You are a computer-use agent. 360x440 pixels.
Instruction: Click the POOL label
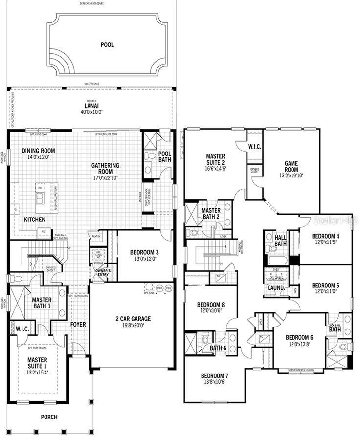[x=107, y=44]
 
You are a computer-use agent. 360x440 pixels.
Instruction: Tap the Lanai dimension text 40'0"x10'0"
[x=91, y=112]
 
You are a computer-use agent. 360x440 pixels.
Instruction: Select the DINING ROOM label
[x=38, y=151]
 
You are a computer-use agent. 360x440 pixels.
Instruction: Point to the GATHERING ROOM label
[x=105, y=169]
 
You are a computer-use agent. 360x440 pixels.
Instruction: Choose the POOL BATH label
[x=165, y=156]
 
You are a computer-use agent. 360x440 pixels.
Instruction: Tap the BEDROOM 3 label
[x=144, y=252]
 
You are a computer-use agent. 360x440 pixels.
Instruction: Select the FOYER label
[x=78, y=324]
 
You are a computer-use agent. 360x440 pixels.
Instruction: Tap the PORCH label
[x=49, y=417]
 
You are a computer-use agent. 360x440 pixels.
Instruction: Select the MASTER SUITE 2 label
[x=216, y=159]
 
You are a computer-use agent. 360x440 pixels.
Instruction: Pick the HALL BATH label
[x=280, y=241]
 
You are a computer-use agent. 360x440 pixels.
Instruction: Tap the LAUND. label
[x=276, y=288]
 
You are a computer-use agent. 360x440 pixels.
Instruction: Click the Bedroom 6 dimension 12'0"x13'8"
[x=299, y=345]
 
